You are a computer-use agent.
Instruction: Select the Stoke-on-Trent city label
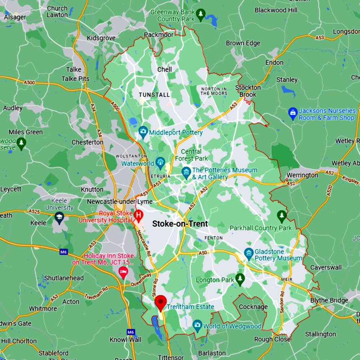pos(180,224)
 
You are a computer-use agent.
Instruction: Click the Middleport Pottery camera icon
pos(143,132)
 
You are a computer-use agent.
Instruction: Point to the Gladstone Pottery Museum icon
pos(249,254)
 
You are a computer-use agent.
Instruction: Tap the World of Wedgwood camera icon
pos(197,325)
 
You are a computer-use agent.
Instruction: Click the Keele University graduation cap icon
pos(59,218)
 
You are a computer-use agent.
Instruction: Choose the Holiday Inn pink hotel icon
pos(123,273)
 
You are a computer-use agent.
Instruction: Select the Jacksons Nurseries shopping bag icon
pos(293,114)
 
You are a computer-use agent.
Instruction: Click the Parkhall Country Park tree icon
pos(282,216)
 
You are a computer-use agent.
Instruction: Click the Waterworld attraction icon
pos(160,163)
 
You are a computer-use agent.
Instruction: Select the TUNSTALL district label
pos(154,95)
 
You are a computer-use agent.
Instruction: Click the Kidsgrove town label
pos(101,38)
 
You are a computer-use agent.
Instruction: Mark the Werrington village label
pos(302,175)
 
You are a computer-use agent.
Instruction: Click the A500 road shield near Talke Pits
pos(29,83)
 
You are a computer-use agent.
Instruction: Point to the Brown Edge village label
pos(243,43)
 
